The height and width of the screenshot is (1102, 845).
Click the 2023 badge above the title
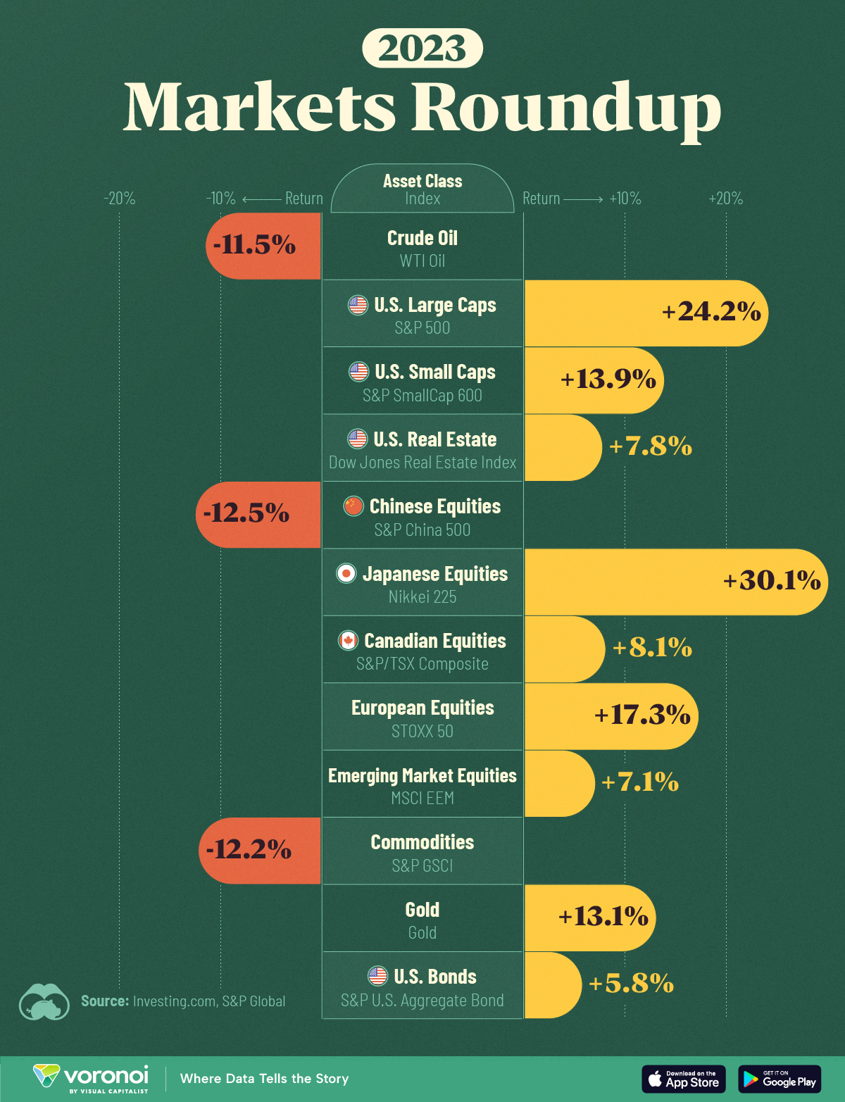click(423, 48)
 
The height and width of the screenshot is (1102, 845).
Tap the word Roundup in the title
click(566, 107)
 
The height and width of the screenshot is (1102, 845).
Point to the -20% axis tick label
click(119, 199)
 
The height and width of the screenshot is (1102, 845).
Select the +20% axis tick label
click(725, 199)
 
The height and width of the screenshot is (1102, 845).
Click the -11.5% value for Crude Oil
click(254, 245)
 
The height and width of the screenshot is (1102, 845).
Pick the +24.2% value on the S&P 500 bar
click(711, 311)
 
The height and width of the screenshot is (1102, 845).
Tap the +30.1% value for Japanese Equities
click(772, 580)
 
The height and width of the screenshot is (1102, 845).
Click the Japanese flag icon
click(346, 574)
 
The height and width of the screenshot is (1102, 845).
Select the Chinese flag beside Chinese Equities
click(353, 506)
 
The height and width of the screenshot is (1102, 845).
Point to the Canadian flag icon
click(348, 640)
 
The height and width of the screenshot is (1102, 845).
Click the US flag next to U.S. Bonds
click(378, 976)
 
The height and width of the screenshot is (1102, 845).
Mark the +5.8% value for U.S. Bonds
click(631, 983)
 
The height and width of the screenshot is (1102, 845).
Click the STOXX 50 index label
click(423, 731)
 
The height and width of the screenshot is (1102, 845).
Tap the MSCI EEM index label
click(423, 798)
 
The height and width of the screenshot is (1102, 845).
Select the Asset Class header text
click(423, 181)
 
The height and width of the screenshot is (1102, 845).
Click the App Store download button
click(683, 1079)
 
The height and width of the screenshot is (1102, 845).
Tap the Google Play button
click(780, 1079)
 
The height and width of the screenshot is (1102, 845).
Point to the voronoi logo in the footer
click(92, 1078)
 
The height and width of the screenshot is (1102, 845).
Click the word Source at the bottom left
click(105, 1001)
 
